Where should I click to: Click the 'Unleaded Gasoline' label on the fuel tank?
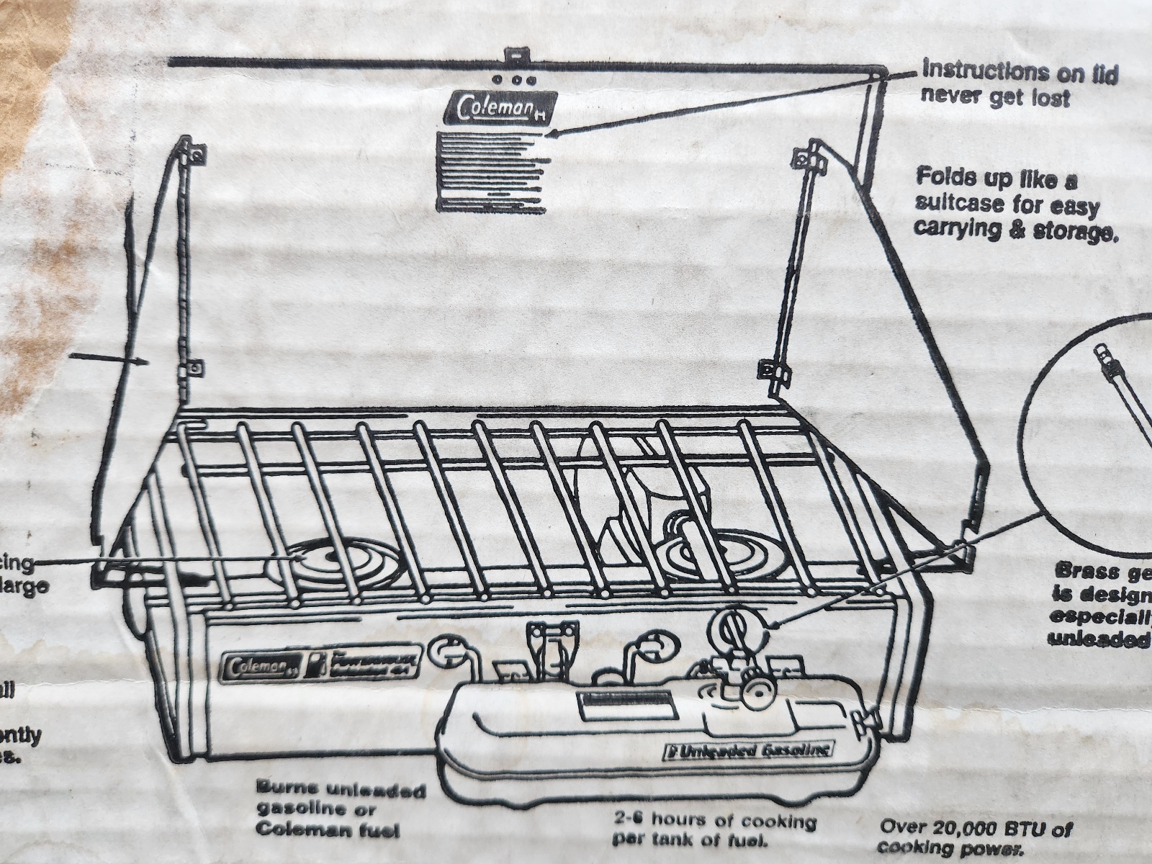(748, 751)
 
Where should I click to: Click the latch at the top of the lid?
(516, 55)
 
